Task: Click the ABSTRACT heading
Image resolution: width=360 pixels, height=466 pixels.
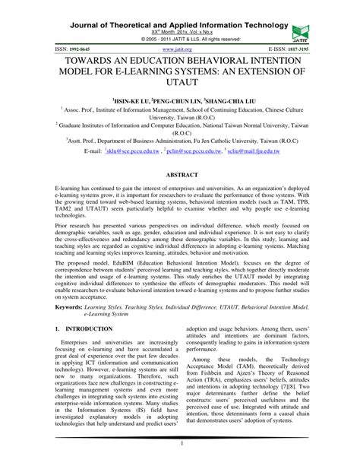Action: click(179, 174)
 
